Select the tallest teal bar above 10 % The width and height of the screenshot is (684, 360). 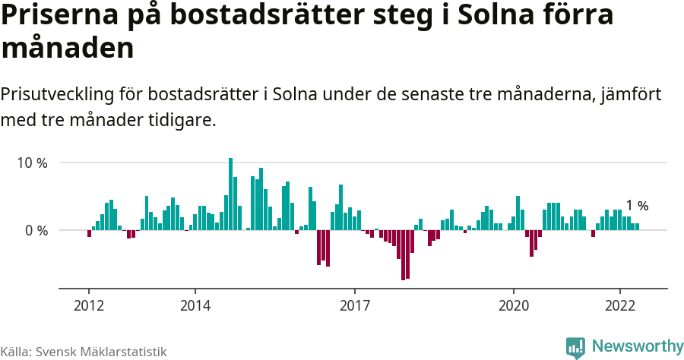pyautogui.click(x=231, y=194)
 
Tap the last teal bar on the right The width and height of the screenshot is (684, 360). pyautogui.click(x=637, y=226)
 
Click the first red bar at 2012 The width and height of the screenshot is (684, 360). pyautogui.click(x=89, y=233)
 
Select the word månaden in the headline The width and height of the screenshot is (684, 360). pyautogui.click(x=68, y=49)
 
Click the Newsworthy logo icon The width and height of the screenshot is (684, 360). pyautogui.click(x=575, y=346)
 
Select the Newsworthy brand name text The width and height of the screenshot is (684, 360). pyautogui.click(x=637, y=346)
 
